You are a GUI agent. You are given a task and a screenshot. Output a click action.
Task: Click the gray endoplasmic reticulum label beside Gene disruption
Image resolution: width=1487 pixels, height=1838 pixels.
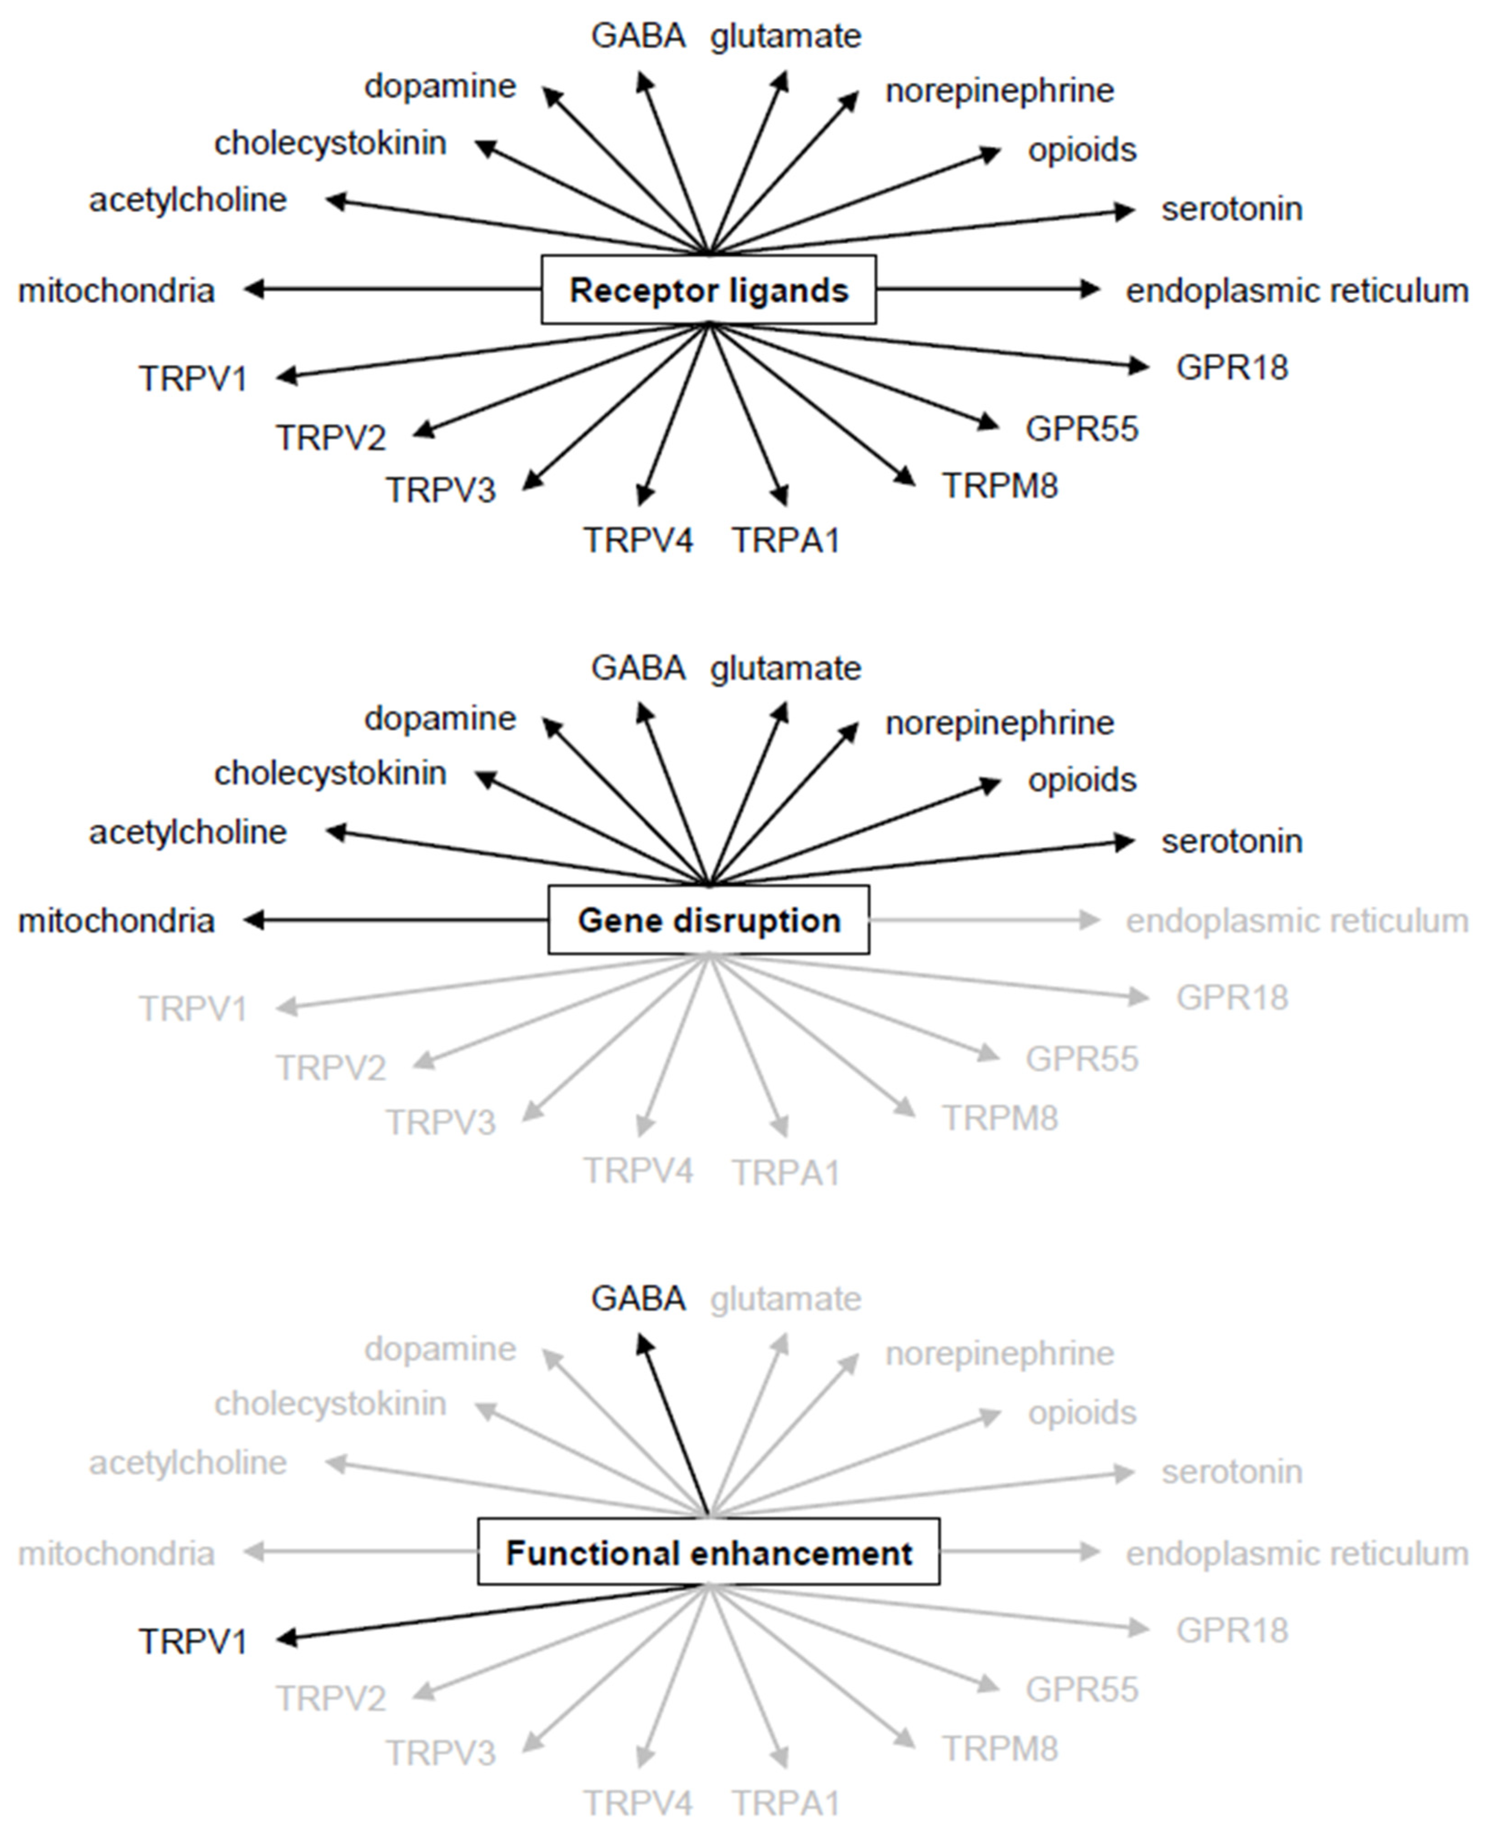click(x=1296, y=921)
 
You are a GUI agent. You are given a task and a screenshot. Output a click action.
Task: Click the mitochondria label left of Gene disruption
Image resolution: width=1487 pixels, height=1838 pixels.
click(x=116, y=921)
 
